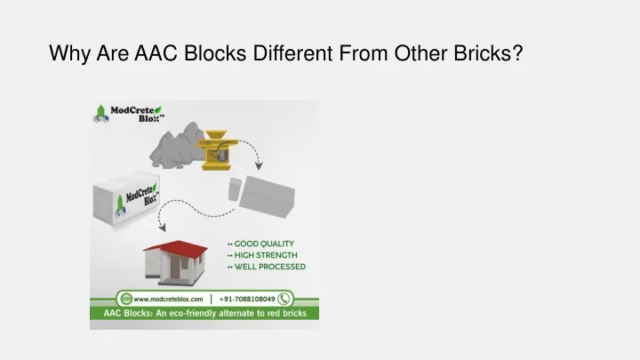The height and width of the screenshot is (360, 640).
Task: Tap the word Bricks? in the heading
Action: [x=488, y=53]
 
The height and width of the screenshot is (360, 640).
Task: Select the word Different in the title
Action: [x=292, y=53]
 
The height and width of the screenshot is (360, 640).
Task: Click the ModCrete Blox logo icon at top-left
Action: [x=100, y=114]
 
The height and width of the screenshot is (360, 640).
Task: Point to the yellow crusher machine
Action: [x=216, y=150]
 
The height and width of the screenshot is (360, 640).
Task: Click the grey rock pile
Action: [x=176, y=146]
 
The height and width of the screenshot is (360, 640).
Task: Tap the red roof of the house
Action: [x=176, y=249]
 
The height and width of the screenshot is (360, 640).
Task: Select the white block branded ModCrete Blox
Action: [x=126, y=198]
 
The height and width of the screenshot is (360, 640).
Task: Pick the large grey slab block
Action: [x=267, y=196]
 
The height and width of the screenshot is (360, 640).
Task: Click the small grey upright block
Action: [x=235, y=189]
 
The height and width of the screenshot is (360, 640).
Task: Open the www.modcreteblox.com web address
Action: [x=168, y=300]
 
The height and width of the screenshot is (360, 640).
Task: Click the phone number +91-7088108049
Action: [x=247, y=300]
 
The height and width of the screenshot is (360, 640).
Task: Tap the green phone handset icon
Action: [x=284, y=299]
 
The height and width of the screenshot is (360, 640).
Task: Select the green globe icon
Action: [x=126, y=299]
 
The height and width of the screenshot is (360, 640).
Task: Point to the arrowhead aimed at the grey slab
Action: [x=259, y=165]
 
